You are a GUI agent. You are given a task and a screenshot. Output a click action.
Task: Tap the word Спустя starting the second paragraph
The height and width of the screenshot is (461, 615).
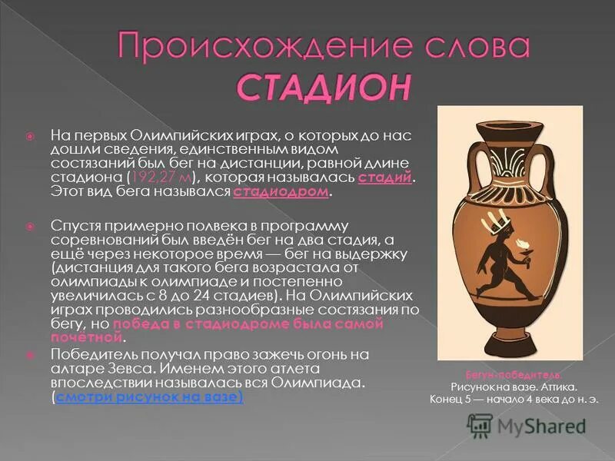click(x=73, y=226)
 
